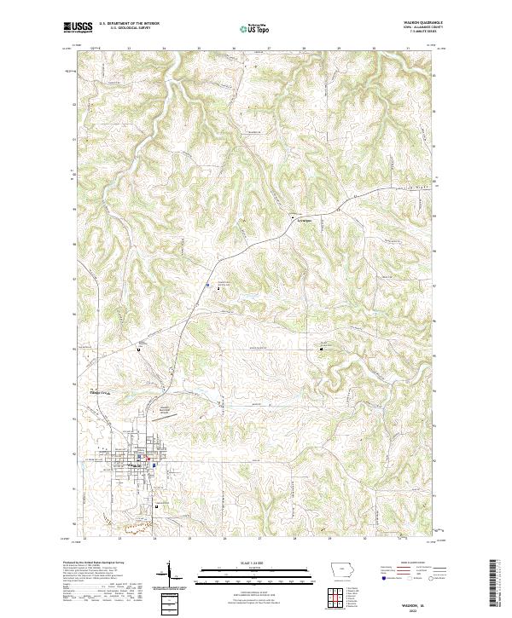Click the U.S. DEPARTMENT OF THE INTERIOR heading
point(129,24)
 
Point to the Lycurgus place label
point(303,219)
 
